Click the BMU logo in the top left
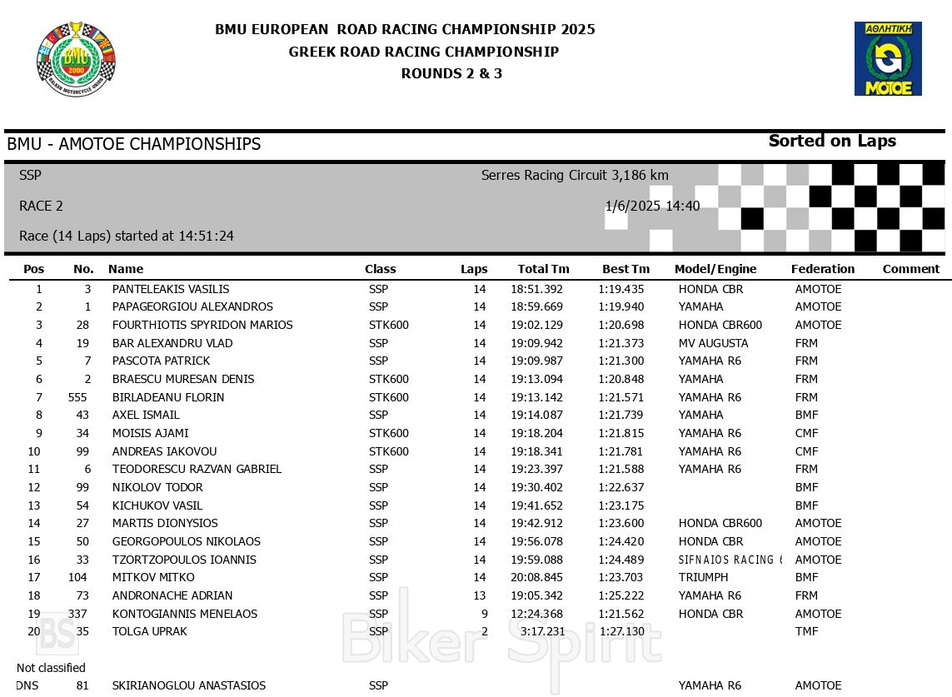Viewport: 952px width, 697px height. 76,58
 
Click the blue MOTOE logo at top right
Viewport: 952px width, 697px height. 887,58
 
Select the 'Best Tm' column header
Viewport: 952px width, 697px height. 626,269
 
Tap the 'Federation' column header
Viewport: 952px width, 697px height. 822,269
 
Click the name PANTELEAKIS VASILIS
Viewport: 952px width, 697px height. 171,289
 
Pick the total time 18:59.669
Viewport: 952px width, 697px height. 536,306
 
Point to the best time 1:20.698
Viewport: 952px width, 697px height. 621,325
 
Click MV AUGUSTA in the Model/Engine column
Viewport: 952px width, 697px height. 713,343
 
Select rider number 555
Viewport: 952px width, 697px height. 77,397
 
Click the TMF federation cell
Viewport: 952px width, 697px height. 806,631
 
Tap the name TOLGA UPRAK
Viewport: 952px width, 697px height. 150,631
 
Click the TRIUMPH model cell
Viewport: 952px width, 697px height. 703,577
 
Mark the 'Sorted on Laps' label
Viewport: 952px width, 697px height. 832,141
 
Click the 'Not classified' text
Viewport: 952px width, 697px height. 51,668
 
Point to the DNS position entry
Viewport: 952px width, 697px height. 27,685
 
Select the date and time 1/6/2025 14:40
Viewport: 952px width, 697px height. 652,206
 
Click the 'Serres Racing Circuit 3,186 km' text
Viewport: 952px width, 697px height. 575,175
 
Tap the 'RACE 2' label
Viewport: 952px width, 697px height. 41,206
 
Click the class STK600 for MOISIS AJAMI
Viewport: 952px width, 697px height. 388,433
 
